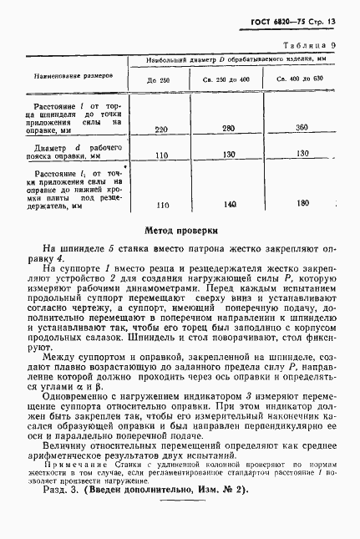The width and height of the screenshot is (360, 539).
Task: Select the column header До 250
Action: point(159,79)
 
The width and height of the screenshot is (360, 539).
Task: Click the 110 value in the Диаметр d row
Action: point(163,155)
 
